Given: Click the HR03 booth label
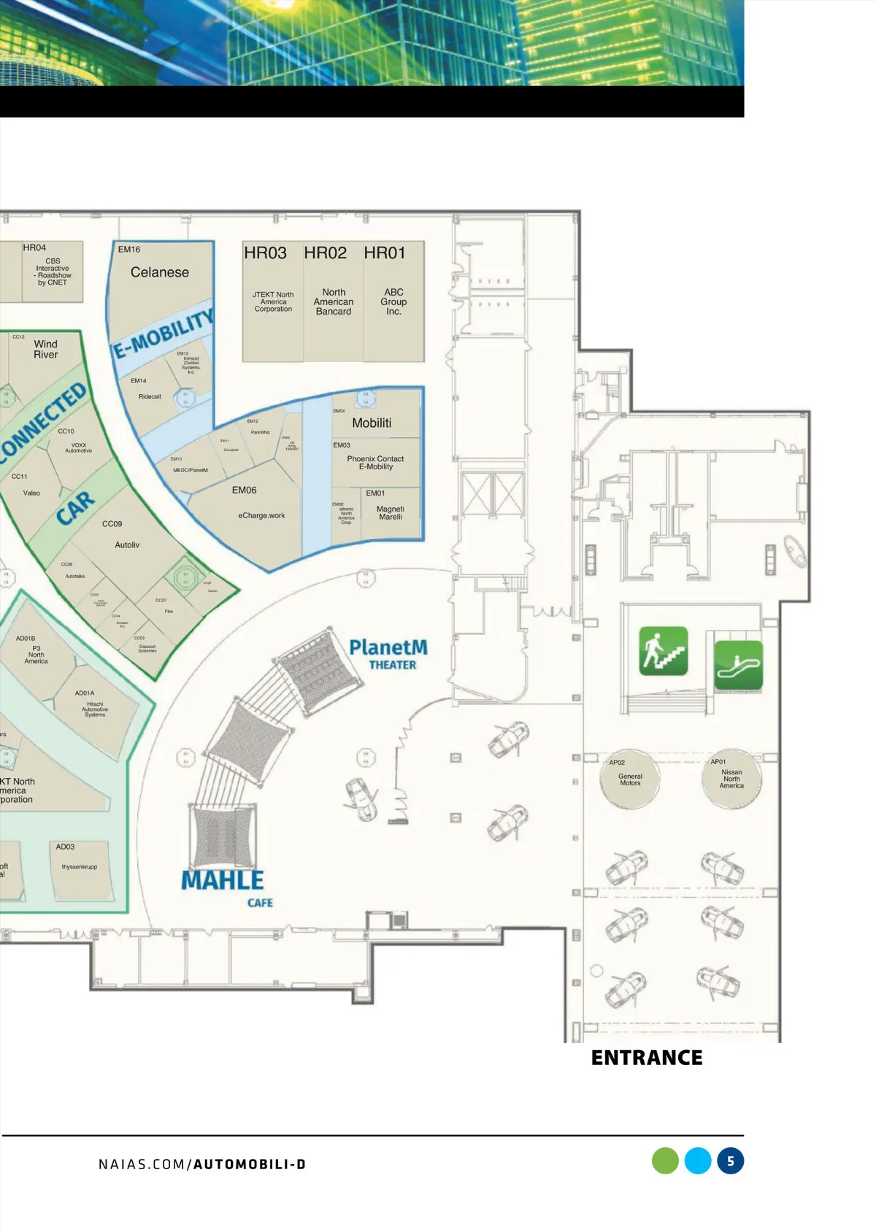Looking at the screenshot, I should tap(265, 253).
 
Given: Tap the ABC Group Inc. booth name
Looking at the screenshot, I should tap(393, 301).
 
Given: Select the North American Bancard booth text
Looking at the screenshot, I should tap(334, 301).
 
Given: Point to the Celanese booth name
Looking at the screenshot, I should tap(160, 272).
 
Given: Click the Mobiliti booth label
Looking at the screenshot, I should tap(372, 423).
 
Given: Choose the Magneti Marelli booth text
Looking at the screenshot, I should tap(391, 513).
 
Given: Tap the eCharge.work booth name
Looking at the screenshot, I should tap(261, 515).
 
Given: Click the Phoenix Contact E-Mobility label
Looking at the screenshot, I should tap(375, 463).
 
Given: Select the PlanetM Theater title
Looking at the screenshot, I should tap(388, 654).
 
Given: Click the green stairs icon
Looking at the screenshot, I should tap(663, 650).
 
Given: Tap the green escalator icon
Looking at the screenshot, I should tap(738, 664).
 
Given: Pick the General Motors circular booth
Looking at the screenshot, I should tap(630, 779).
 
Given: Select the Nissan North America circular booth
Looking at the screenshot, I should tap(731, 779).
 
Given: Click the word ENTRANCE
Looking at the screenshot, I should tap(647, 1057).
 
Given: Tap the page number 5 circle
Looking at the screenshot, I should tap(730, 1161).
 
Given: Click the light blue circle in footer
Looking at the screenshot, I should tap(698, 1161).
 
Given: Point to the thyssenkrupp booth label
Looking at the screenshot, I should tap(80, 867).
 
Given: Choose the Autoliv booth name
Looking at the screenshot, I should tap(127, 545).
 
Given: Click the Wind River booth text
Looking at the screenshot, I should tap(45, 350).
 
